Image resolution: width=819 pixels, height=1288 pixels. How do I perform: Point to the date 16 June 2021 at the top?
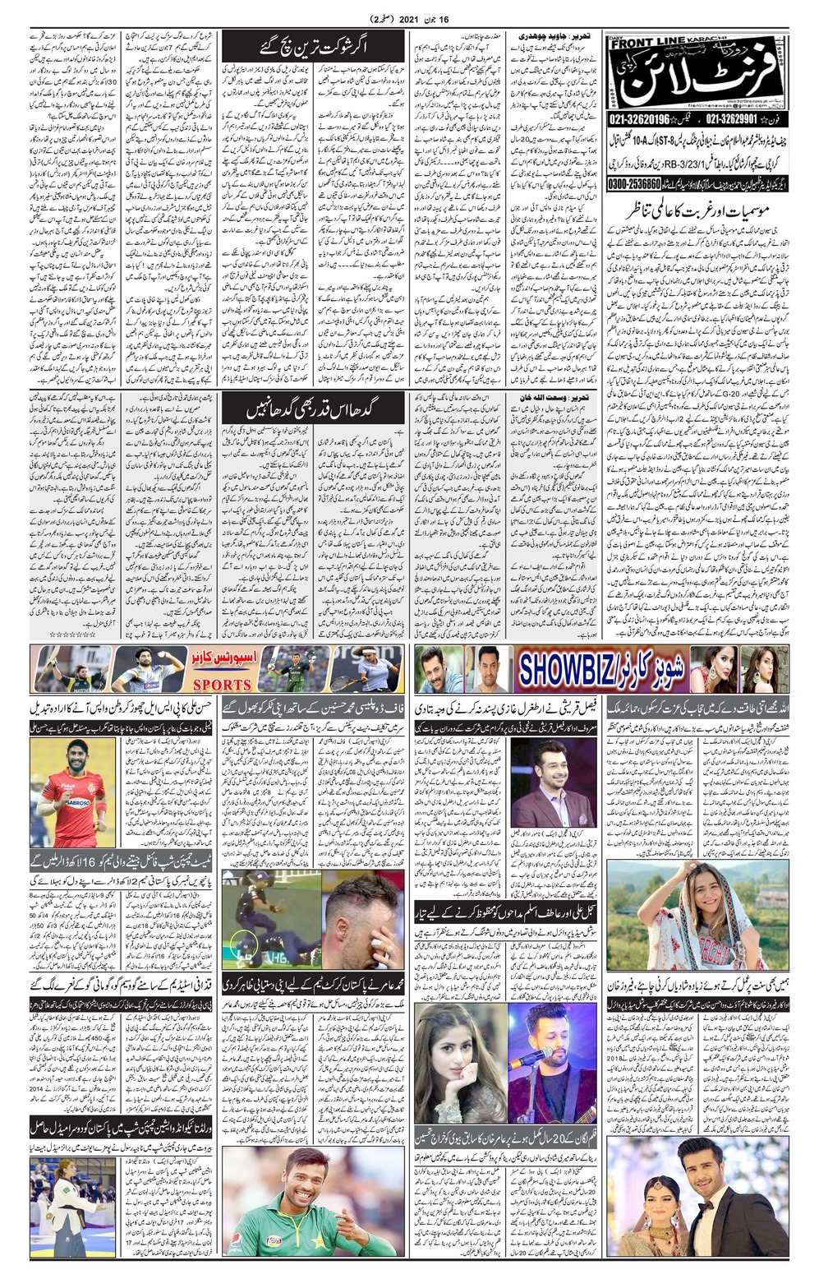[410, 17]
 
